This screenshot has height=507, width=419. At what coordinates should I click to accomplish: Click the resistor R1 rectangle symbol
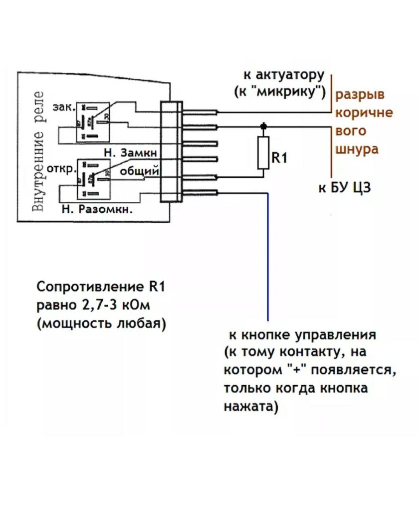tap(263, 152)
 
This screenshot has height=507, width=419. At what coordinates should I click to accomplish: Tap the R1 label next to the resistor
tap(280, 158)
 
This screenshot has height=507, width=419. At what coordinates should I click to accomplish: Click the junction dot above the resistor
tap(263, 126)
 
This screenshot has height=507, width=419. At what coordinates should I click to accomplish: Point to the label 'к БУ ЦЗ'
tap(345, 188)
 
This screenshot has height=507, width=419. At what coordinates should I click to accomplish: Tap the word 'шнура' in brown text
tap(358, 149)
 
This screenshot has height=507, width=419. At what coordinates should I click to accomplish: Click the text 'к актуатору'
tap(284, 75)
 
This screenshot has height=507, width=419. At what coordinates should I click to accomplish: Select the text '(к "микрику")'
tap(280, 92)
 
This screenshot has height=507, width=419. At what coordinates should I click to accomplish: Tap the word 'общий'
tap(140, 171)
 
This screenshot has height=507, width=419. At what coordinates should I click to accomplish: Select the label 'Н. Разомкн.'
tap(97, 210)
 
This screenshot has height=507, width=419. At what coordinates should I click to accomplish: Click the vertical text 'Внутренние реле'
tap(39, 150)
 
